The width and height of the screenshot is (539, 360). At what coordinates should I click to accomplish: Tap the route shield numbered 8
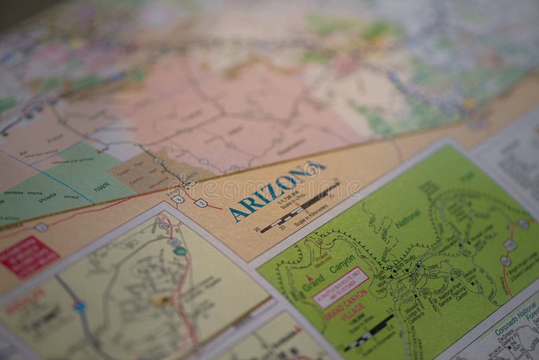[x=178, y=199]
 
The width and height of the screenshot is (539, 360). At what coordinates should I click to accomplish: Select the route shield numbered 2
[x=200, y=203]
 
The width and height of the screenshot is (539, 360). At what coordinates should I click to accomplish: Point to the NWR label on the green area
[x=101, y=187]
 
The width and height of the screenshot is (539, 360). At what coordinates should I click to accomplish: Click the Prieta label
[x=47, y=197]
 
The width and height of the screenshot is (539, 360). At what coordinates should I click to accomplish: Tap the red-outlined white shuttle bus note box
[x=340, y=288]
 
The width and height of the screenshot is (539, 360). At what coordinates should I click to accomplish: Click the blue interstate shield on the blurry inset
[x=80, y=306]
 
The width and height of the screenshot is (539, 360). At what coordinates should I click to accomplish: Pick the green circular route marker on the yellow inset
[x=180, y=251]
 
